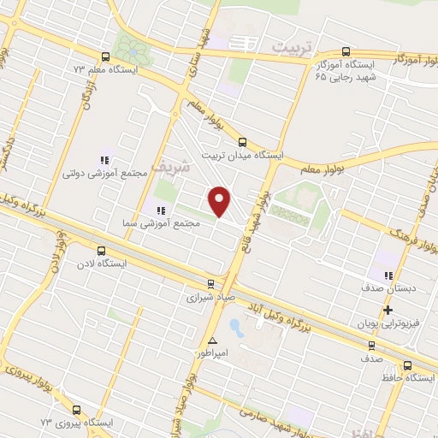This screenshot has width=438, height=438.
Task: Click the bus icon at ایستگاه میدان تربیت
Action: coord(242,143)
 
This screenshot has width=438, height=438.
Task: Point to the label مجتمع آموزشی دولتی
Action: coord(105,173)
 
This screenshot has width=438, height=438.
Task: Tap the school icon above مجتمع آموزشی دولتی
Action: coord(105,159)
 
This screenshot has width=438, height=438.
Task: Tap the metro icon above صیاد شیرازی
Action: coord(211,284)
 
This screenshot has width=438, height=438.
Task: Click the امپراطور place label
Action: coord(210,352)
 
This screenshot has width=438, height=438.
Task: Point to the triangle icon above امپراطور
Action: coord(212,340)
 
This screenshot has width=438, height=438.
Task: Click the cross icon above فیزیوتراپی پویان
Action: coord(388,310)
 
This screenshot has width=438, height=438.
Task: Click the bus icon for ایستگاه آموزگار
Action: coord(346,51)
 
